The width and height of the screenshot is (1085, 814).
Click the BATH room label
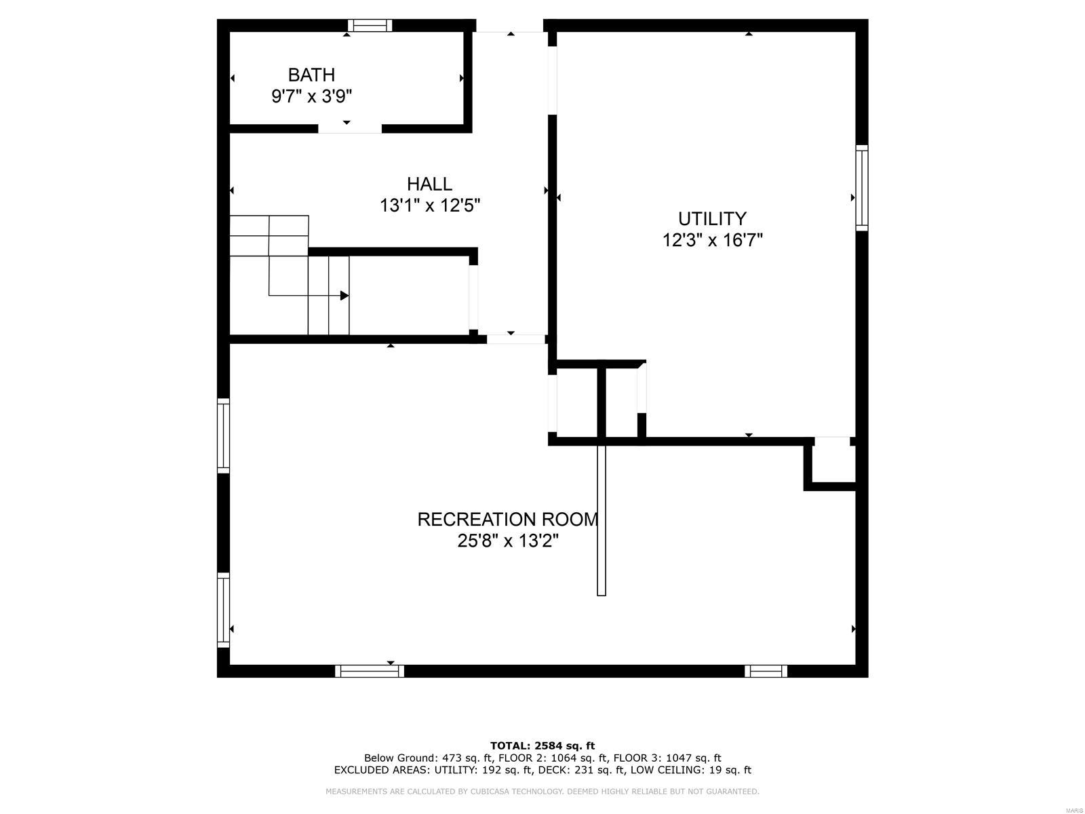tap(311, 75)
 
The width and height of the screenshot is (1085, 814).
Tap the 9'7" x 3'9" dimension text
tap(311, 96)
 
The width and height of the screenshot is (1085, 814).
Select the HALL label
tap(429, 184)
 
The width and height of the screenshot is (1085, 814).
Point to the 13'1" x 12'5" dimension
tap(430, 205)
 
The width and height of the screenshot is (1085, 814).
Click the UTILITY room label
tap(712, 218)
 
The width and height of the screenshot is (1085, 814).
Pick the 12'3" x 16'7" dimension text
tap(712, 240)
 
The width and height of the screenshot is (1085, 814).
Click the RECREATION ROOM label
tap(507, 520)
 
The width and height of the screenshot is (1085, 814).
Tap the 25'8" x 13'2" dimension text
tap(507, 541)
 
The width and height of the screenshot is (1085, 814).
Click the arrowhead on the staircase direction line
tap(344, 296)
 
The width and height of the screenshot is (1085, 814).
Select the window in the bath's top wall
tap(370, 26)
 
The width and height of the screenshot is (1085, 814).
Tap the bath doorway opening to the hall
tap(349, 128)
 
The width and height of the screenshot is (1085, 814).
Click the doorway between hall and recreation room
tap(516, 338)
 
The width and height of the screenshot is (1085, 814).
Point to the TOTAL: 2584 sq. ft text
tap(542, 745)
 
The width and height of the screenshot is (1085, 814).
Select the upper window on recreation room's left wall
tap(223, 435)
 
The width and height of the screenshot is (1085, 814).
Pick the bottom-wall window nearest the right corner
tap(766, 671)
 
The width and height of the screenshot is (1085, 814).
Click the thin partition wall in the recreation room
tap(601, 519)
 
